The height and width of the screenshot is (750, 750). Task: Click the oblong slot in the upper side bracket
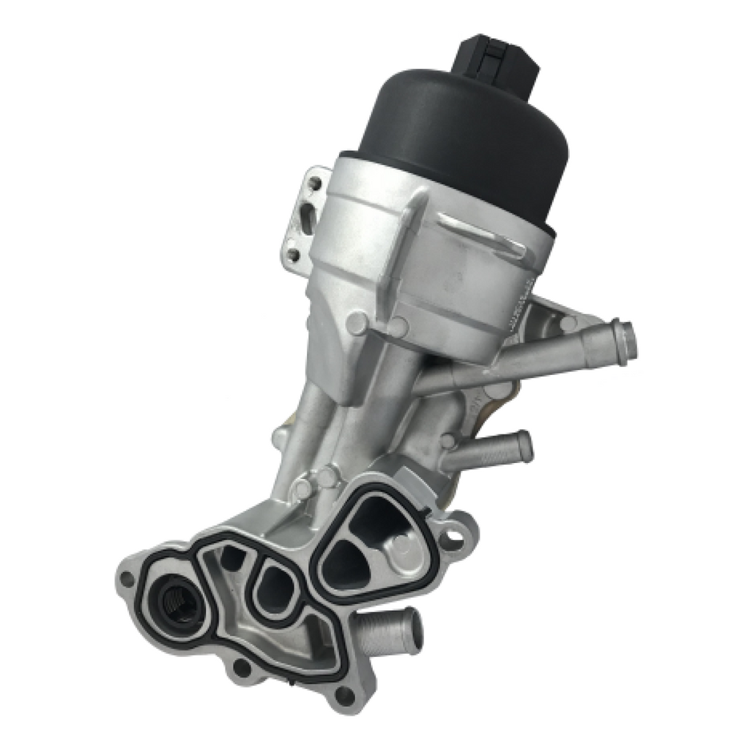coord(308,217)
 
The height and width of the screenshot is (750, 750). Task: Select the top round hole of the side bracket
coord(315,182)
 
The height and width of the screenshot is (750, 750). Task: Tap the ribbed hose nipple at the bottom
coord(388,631)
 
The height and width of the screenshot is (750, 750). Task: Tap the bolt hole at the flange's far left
coord(127,576)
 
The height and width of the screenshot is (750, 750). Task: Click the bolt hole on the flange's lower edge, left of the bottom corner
coord(240,667)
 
